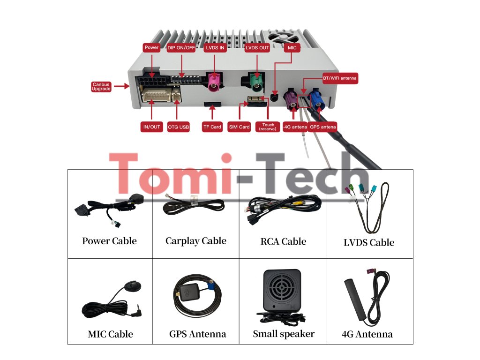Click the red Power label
(152, 48)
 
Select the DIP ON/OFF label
(181, 48)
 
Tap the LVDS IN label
(215, 48)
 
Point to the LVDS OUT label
(257, 48)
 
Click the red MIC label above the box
(292, 48)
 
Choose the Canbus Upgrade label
(101, 87)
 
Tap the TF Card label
(212, 127)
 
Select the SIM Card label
(239, 127)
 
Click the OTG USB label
(178, 127)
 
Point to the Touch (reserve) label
(268, 127)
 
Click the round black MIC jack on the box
(275, 98)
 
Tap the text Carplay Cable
(195, 241)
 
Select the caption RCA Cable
(283, 242)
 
